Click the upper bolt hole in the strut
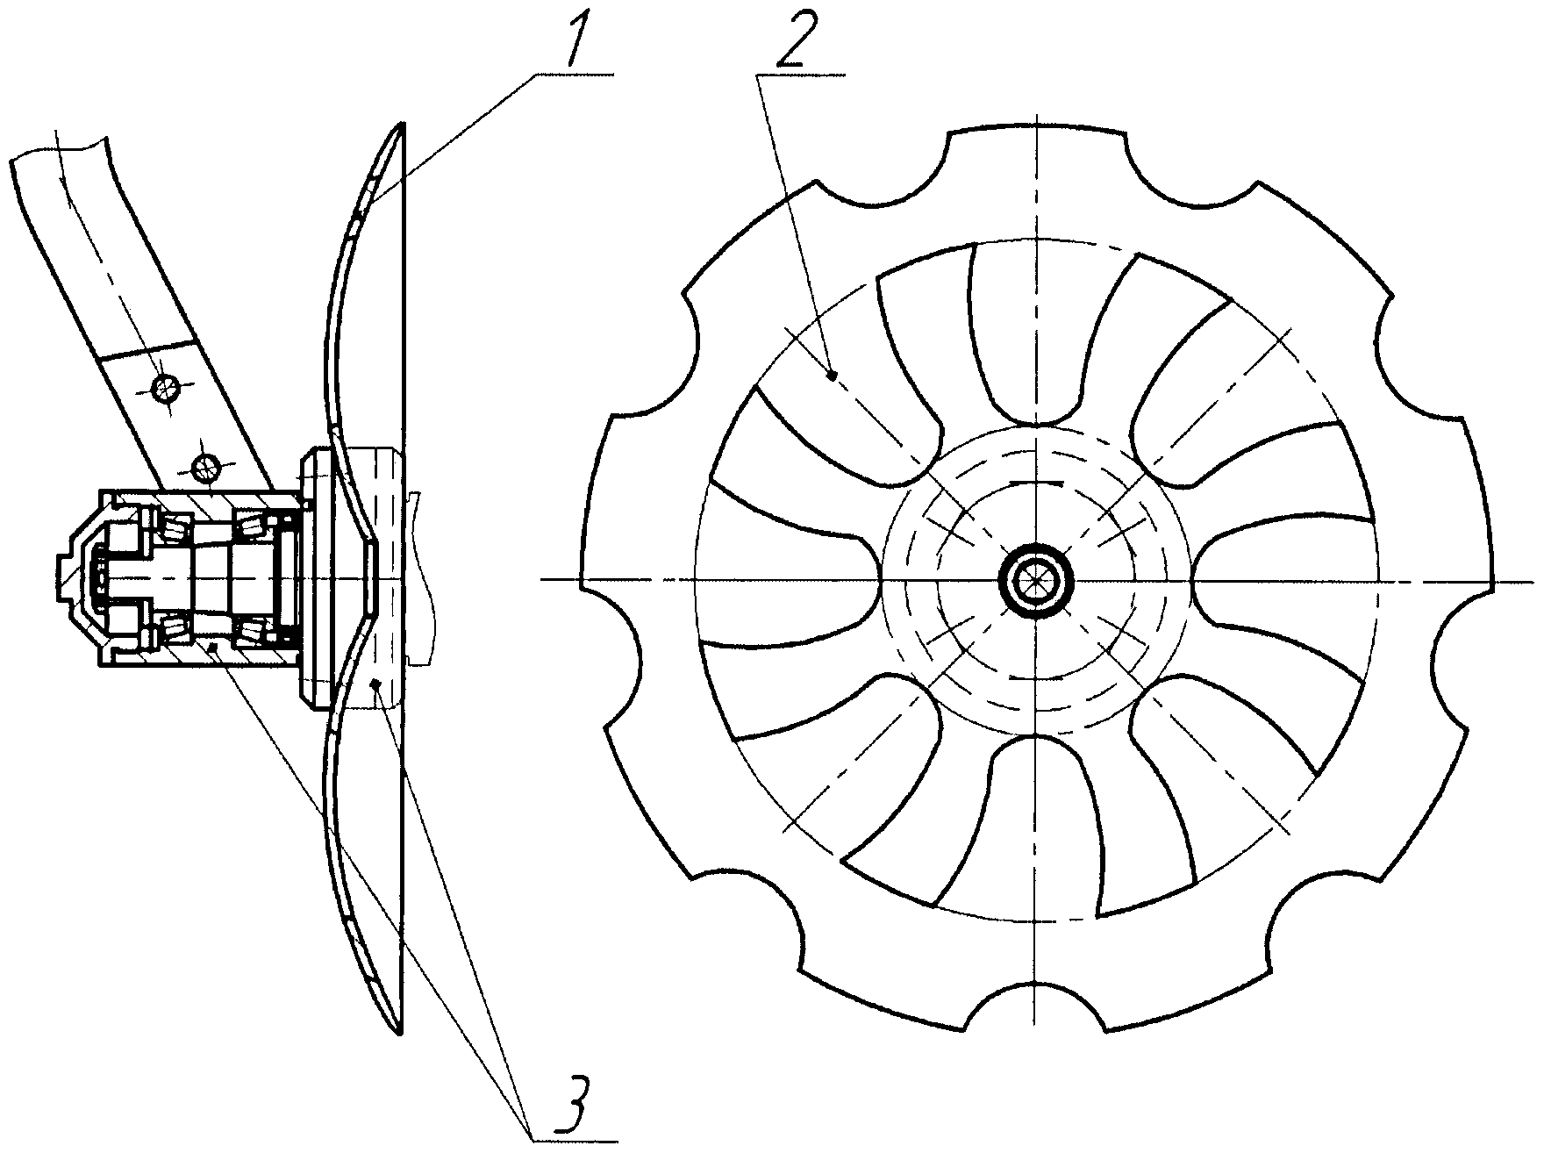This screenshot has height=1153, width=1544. [163, 387]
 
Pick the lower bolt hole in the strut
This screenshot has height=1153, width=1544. [208, 469]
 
